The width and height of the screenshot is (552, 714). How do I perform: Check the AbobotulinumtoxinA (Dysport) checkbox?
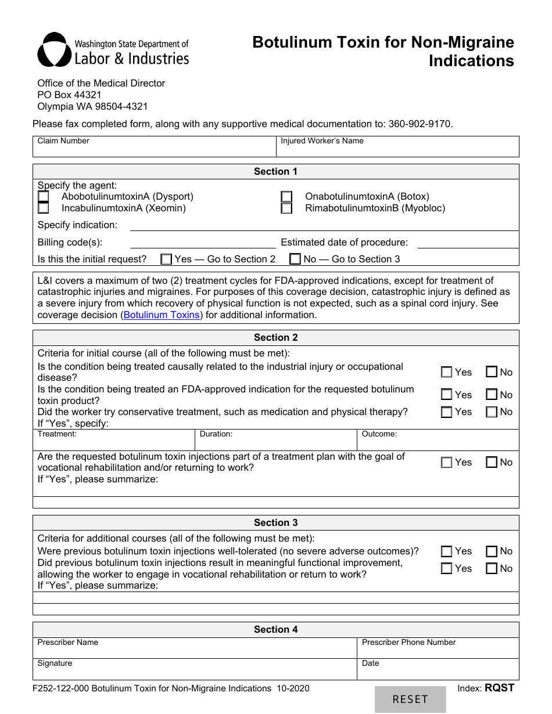(44, 197)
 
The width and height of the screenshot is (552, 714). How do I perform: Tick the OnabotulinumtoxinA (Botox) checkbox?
(286, 197)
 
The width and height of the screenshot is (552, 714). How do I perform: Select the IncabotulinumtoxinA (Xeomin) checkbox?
(44, 208)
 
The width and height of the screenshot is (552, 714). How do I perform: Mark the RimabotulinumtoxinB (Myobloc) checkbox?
(286, 208)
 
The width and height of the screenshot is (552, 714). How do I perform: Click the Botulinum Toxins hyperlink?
(162, 315)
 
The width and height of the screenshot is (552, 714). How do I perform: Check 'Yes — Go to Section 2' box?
(167, 259)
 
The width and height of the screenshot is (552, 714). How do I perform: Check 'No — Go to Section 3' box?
(295, 259)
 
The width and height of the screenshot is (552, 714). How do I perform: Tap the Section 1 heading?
(275, 171)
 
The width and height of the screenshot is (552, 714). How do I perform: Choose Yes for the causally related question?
(446, 372)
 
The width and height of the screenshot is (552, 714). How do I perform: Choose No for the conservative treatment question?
(492, 412)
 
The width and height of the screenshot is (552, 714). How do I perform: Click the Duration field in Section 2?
(275, 443)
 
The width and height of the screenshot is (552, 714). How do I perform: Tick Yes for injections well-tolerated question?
(446, 551)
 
